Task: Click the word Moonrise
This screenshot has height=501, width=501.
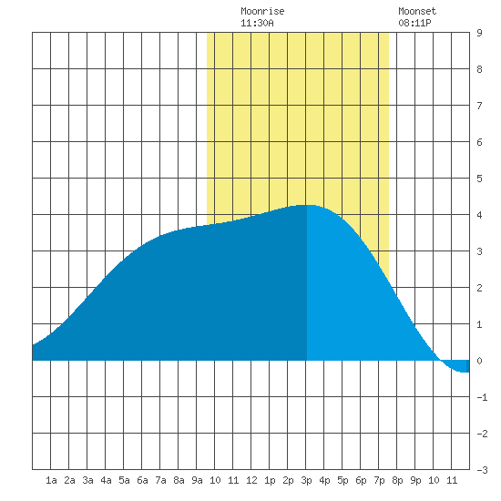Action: pyautogui.click(x=262, y=11)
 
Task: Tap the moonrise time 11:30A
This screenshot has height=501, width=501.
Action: pyautogui.click(x=257, y=23)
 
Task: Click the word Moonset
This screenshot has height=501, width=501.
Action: pyautogui.click(x=417, y=11)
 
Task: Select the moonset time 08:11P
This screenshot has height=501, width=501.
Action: pyautogui.click(x=414, y=23)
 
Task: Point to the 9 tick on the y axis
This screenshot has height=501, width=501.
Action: pyautogui.click(x=479, y=33)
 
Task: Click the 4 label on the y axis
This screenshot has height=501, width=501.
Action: pyautogui.click(x=479, y=215)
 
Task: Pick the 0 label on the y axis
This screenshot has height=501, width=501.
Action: pyautogui.click(x=479, y=361)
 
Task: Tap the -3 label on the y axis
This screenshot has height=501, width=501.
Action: pyautogui.click(x=482, y=470)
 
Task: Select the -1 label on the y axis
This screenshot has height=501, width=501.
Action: pyautogui.click(x=482, y=397)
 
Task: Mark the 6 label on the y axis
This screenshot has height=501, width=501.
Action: pyautogui.click(x=479, y=142)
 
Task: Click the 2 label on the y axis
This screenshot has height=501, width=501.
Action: pyautogui.click(x=479, y=288)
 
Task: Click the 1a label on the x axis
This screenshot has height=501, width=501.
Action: pyautogui.click(x=51, y=480)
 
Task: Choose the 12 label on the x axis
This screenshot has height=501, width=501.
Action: pyautogui.click(x=251, y=480)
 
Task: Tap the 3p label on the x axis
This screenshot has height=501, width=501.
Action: pyautogui.click(x=306, y=481)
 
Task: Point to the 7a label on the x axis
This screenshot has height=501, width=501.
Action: pyautogui.click(x=160, y=480)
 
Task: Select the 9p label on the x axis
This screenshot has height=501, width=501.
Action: pyautogui.click(x=415, y=481)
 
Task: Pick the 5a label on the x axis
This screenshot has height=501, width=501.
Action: pyautogui.click(x=124, y=480)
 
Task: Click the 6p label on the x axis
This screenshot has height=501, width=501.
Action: pyautogui.click(x=361, y=481)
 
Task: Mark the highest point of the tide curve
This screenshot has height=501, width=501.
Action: pyautogui.click(x=306, y=205)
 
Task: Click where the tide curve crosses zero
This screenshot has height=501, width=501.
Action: pyautogui.click(x=441, y=361)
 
